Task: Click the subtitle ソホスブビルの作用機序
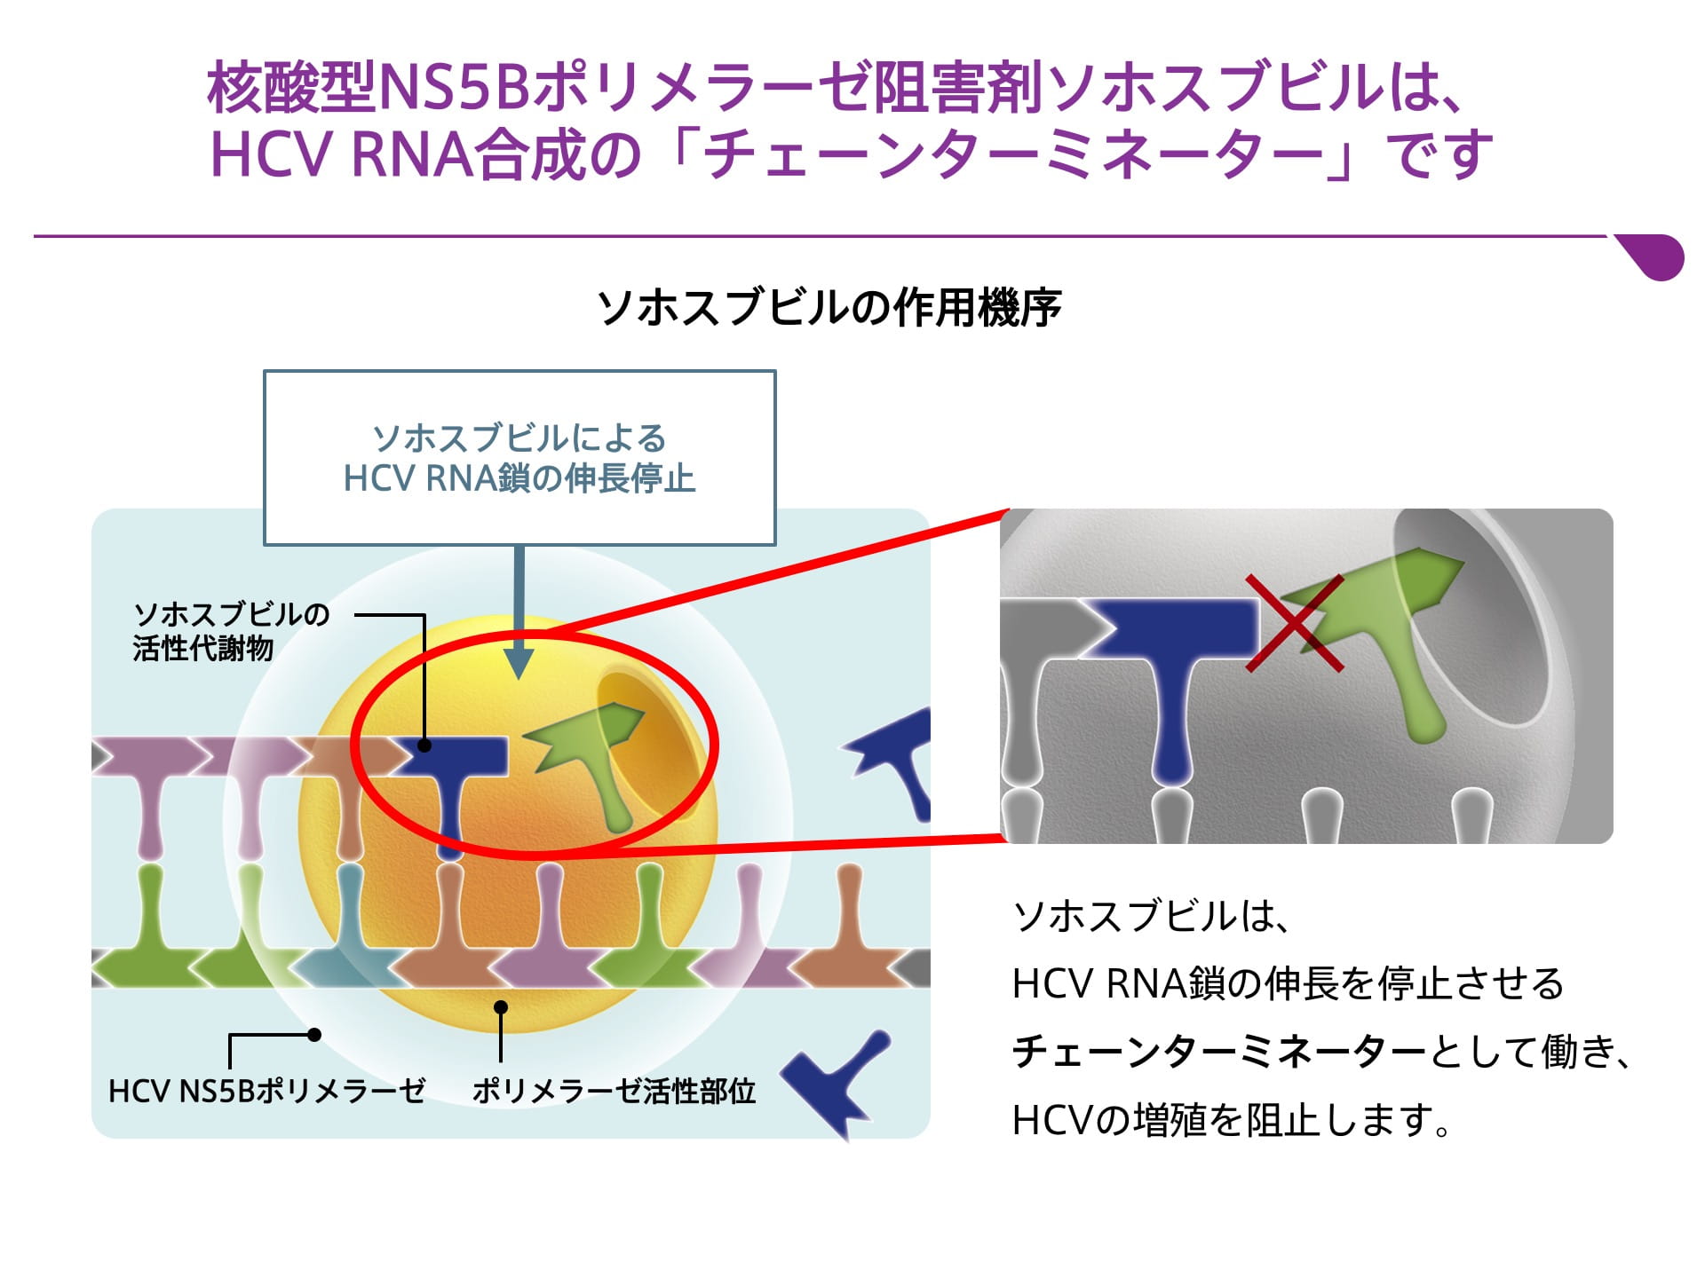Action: [829, 308]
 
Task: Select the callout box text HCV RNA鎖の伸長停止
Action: [519, 479]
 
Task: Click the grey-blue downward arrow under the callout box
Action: [519, 612]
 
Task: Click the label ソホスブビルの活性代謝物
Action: [231, 631]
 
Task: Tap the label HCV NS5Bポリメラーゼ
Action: [266, 1091]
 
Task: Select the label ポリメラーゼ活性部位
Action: [614, 1091]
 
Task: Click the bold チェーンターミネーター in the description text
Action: [1218, 1052]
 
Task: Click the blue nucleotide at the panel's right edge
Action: [892, 759]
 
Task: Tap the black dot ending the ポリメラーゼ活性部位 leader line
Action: [501, 1007]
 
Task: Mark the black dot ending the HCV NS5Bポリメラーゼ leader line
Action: [314, 1035]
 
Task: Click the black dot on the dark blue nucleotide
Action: [424, 745]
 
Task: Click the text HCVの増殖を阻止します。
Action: [1231, 1120]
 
